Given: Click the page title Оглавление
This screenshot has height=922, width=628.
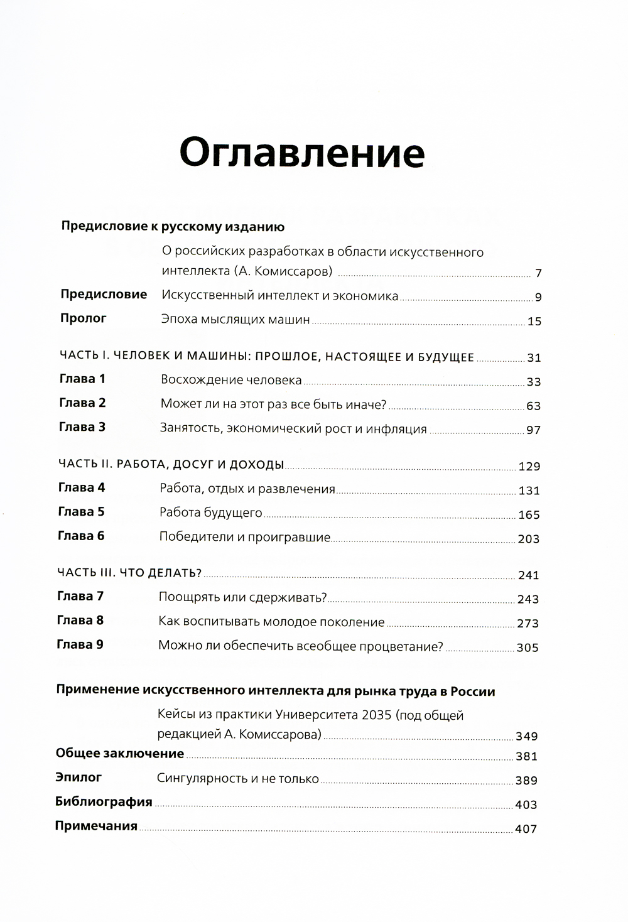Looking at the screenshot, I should (x=302, y=153).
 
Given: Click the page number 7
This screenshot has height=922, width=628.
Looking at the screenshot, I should (x=538, y=273).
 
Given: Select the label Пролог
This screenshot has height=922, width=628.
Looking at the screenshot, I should (x=84, y=318).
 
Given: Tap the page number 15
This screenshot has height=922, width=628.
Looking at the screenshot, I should (x=534, y=322).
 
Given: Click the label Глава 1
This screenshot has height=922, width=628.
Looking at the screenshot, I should (x=82, y=379).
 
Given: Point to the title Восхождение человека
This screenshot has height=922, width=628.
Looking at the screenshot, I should (x=231, y=380).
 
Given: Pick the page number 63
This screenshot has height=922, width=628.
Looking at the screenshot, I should (x=533, y=406).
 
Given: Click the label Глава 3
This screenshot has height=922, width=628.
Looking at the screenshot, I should (x=82, y=427).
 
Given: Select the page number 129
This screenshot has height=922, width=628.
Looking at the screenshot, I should (x=529, y=467).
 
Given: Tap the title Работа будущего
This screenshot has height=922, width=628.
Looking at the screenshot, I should (x=210, y=513).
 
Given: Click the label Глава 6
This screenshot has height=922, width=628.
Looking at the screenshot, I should (x=81, y=536).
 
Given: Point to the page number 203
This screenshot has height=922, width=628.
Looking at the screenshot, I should (x=528, y=539).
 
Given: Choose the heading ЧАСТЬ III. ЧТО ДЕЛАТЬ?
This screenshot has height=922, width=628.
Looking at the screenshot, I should (x=129, y=573).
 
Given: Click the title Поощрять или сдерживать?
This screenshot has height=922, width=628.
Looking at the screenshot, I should (x=242, y=597).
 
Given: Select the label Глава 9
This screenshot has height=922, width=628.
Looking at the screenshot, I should (x=80, y=644).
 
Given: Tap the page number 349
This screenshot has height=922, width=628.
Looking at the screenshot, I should (x=526, y=736).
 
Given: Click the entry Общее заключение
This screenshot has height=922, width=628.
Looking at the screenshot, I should (x=119, y=754).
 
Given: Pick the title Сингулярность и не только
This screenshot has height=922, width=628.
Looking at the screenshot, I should (x=238, y=779).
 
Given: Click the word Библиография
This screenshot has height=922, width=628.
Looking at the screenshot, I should (x=104, y=802).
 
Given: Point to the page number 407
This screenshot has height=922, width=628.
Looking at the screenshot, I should (x=526, y=829).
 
